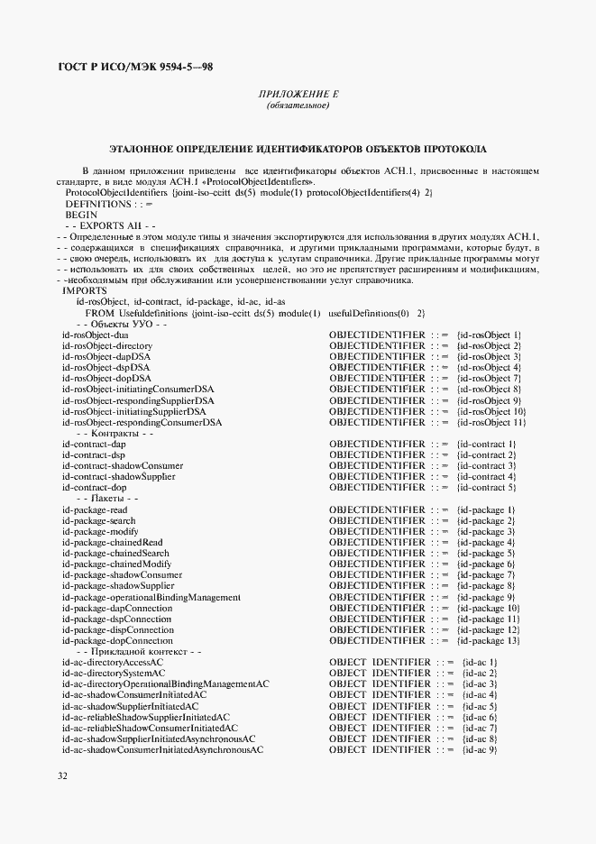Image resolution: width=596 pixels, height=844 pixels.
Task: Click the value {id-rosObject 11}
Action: point(491,422)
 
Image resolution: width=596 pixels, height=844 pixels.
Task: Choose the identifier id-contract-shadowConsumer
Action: point(123,465)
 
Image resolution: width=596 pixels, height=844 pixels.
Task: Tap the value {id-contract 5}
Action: point(486,487)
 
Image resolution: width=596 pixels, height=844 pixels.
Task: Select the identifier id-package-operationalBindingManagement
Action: point(151,597)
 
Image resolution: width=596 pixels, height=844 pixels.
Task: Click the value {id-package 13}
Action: point(489,640)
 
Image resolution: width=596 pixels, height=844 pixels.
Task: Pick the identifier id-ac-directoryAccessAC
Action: point(112,662)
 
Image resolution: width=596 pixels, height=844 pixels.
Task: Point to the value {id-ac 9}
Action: point(480,749)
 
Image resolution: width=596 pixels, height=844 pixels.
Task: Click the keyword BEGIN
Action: point(80,216)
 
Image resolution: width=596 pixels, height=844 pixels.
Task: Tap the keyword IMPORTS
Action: point(84,290)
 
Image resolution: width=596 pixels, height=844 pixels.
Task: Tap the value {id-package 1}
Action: point(486,509)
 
